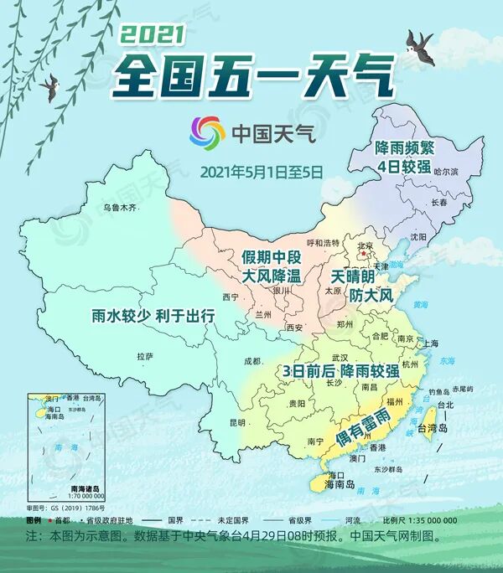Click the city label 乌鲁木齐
point(119,207)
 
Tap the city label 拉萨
point(145,356)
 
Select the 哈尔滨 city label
point(446,171)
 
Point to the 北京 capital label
point(366,245)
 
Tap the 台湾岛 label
point(439,430)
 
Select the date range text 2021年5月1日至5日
point(262,172)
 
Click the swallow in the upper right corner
point(419,42)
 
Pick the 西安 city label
point(294,328)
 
